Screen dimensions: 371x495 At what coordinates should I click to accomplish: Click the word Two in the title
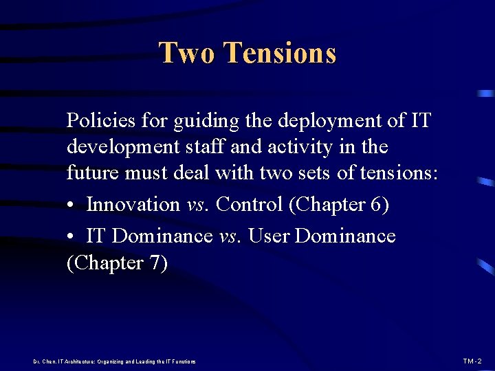pyautogui.click(x=187, y=53)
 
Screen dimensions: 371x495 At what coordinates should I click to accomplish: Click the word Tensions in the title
pyautogui.click(x=280, y=53)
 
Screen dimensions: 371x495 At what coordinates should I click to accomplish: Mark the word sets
pyautogui.click(x=316, y=174)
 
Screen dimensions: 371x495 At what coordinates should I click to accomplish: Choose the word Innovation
pyautogui.click(x=133, y=204)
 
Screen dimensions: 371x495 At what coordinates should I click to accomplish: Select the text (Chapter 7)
pyautogui.click(x=117, y=264)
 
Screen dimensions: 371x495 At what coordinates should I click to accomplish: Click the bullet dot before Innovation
pyautogui.click(x=71, y=205)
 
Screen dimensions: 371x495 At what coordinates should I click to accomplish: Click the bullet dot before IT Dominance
pyautogui.click(x=71, y=236)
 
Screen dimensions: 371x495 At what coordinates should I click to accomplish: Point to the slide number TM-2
pyautogui.click(x=472, y=361)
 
